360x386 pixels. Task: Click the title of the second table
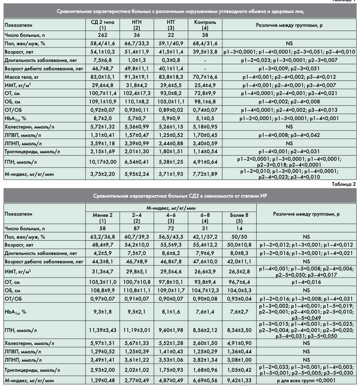coord(180,196)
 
